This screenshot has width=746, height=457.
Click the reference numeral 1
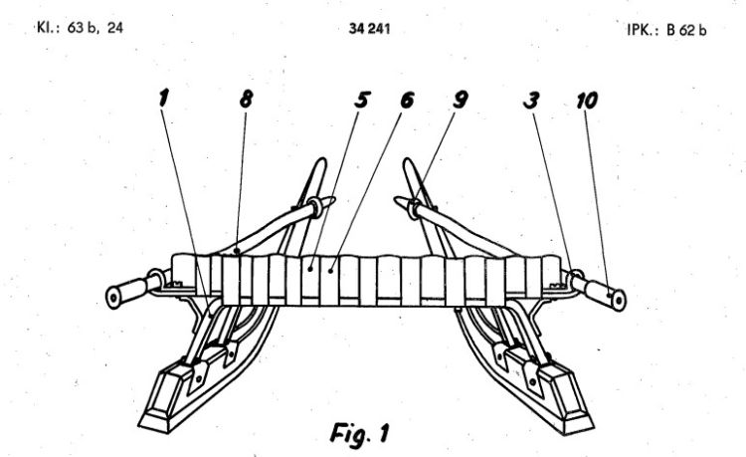(164, 99)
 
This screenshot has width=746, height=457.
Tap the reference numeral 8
(246, 99)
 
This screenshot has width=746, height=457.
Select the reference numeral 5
(362, 100)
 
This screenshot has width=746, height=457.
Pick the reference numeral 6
(407, 100)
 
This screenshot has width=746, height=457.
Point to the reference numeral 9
(461, 100)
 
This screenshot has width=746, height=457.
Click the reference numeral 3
(531, 100)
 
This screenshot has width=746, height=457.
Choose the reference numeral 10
(587, 101)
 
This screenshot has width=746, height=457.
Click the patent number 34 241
(369, 29)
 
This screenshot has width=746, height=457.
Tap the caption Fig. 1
(359, 434)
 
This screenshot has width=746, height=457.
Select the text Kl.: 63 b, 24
(80, 28)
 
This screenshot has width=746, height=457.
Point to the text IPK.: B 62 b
(666, 30)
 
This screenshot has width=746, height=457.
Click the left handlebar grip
(127, 292)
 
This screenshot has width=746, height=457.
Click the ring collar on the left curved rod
(315, 207)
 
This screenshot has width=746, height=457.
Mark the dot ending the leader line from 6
(330, 271)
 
